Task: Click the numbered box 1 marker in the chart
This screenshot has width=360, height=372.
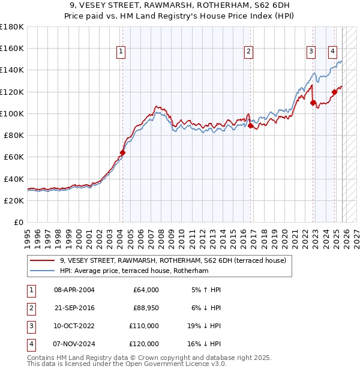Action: click(121, 52)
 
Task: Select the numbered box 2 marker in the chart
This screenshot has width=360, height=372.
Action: click(248, 52)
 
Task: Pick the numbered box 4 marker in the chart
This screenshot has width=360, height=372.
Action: click(332, 52)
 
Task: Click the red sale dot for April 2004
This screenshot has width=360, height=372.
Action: click(122, 152)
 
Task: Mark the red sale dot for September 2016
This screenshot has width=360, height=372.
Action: click(251, 125)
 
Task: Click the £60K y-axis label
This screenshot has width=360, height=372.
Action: click(13, 157)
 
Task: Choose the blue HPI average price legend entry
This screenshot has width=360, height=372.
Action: click(133, 271)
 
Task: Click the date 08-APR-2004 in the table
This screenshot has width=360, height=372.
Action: click(74, 290)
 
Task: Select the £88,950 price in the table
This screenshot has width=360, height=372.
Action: click(145, 308)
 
